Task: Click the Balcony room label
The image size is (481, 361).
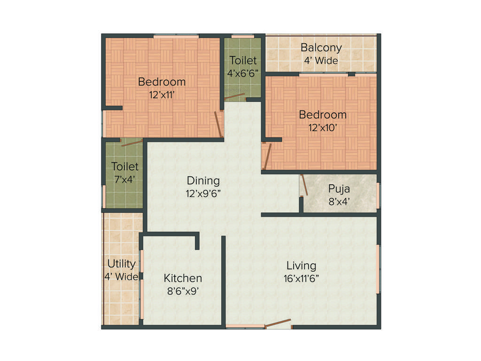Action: (x=321, y=48)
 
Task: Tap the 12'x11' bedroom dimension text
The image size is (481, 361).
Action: (x=162, y=94)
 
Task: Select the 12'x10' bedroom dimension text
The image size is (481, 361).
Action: (x=323, y=127)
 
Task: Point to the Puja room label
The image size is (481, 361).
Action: (x=339, y=189)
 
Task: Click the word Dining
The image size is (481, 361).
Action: (x=203, y=180)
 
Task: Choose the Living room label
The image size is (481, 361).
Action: (x=301, y=266)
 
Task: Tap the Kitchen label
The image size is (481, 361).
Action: (x=183, y=278)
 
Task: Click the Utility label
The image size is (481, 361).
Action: (x=122, y=264)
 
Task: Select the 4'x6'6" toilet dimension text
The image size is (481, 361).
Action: (x=243, y=73)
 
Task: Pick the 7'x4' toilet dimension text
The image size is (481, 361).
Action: (x=125, y=179)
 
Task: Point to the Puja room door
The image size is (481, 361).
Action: (x=304, y=185)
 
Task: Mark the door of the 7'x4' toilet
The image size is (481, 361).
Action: (x=132, y=143)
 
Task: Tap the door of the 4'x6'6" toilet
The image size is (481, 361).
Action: (x=234, y=97)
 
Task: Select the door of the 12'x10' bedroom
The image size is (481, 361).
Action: (x=267, y=157)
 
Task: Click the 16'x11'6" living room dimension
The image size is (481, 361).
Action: (x=301, y=278)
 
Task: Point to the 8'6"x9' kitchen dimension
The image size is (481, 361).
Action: (x=183, y=291)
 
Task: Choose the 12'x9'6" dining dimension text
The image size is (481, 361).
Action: (x=203, y=193)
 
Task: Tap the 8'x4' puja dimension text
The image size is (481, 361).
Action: (x=339, y=202)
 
